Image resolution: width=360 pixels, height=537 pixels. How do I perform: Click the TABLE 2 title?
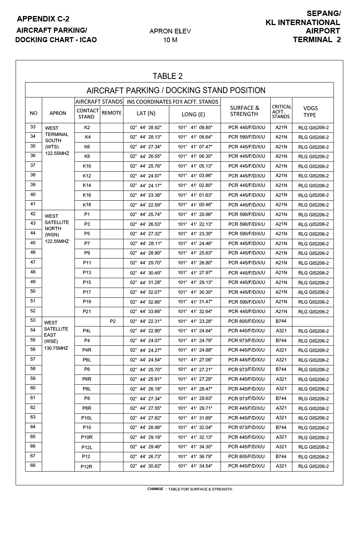167,76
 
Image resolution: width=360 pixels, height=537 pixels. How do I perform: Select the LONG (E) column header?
193,114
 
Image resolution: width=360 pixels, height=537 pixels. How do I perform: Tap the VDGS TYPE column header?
310,112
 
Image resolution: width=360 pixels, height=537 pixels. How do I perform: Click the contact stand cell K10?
87,166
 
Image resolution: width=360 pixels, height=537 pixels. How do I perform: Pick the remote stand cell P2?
113,321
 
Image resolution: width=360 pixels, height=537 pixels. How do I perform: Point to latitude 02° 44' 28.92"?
146,128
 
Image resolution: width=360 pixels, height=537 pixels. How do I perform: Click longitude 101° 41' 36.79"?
195,456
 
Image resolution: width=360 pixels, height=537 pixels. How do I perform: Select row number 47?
33,262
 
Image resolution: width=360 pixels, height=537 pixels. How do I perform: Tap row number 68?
33,465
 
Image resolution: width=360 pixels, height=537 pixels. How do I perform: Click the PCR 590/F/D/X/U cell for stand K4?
247,137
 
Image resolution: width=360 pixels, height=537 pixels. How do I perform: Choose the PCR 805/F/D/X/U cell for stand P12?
247,456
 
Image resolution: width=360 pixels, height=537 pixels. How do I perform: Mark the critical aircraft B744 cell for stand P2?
281,321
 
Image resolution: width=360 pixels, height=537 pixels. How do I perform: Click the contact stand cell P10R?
87,437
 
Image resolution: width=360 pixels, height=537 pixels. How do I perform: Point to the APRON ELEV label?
170,31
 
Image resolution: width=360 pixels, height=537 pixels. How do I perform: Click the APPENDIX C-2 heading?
43,19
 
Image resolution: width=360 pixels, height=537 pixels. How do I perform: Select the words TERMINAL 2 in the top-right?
317,40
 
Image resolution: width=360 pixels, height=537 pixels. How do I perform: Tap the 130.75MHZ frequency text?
56,348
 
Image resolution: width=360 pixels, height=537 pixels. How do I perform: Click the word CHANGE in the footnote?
155,489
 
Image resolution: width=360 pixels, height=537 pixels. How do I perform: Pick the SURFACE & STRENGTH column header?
244,111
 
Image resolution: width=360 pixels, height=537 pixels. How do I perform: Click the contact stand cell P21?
87,312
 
